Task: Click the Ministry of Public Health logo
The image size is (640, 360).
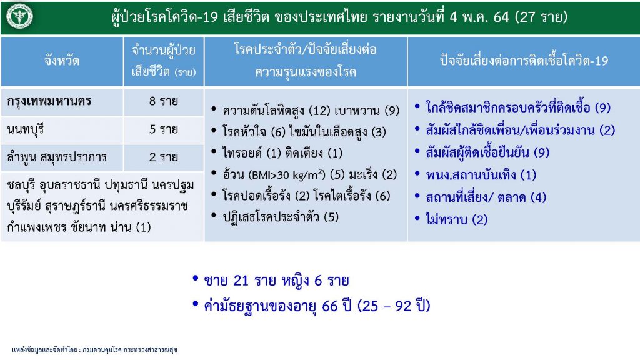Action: (x=19, y=17)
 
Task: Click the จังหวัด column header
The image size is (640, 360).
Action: (x=62, y=61)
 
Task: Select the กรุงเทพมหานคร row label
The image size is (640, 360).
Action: (x=49, y=102)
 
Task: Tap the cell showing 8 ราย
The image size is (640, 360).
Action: (x=163, y=101)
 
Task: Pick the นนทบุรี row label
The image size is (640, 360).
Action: (x=25, y=130)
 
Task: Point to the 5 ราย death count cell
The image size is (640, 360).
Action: (x=163, y=129)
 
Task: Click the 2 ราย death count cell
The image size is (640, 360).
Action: (x=163, y=157)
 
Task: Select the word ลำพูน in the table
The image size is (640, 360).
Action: (x=21, y=157)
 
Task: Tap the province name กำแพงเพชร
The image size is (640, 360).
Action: (x=35, y=227)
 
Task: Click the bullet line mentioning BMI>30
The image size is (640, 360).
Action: (x=304, y=175)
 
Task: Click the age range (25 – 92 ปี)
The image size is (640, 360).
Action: (x=394, y=306)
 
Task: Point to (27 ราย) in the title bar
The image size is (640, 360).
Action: (x=541, y=17)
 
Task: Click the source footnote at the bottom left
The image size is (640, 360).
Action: (x=95, y=350)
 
